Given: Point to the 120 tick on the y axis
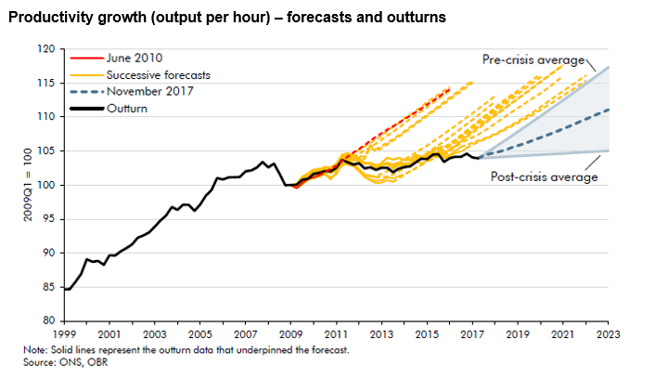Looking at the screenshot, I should click(x=45, y=48).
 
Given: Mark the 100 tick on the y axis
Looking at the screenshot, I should click(x=45, y=185).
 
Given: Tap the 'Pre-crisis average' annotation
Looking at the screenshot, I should click(x=533, y=59).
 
